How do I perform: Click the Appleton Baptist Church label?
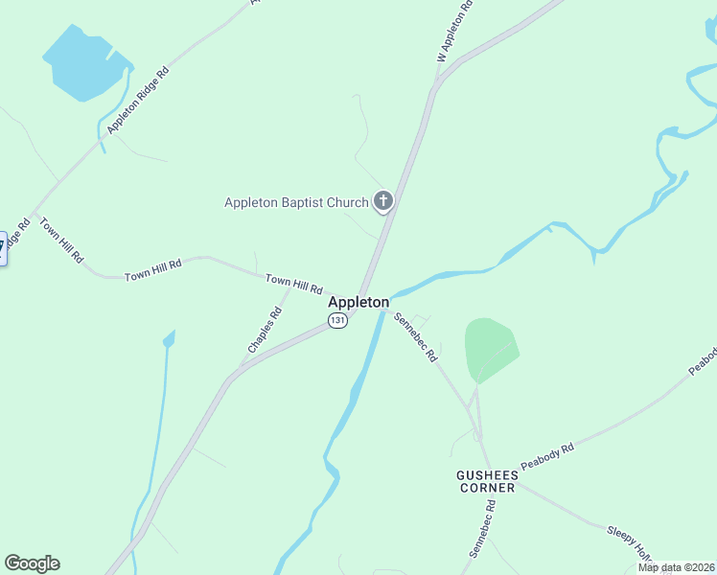295,202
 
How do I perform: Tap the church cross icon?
382,201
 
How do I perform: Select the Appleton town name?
358,302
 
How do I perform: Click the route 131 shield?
336,321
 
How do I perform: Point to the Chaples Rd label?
266,330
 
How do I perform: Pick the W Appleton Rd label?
455,33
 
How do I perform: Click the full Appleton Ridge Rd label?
138,100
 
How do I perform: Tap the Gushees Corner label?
486,481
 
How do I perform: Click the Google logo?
32,563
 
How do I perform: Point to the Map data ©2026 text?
676,566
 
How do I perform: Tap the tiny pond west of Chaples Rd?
170,338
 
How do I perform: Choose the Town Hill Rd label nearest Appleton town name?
294,284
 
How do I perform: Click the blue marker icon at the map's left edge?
2,247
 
